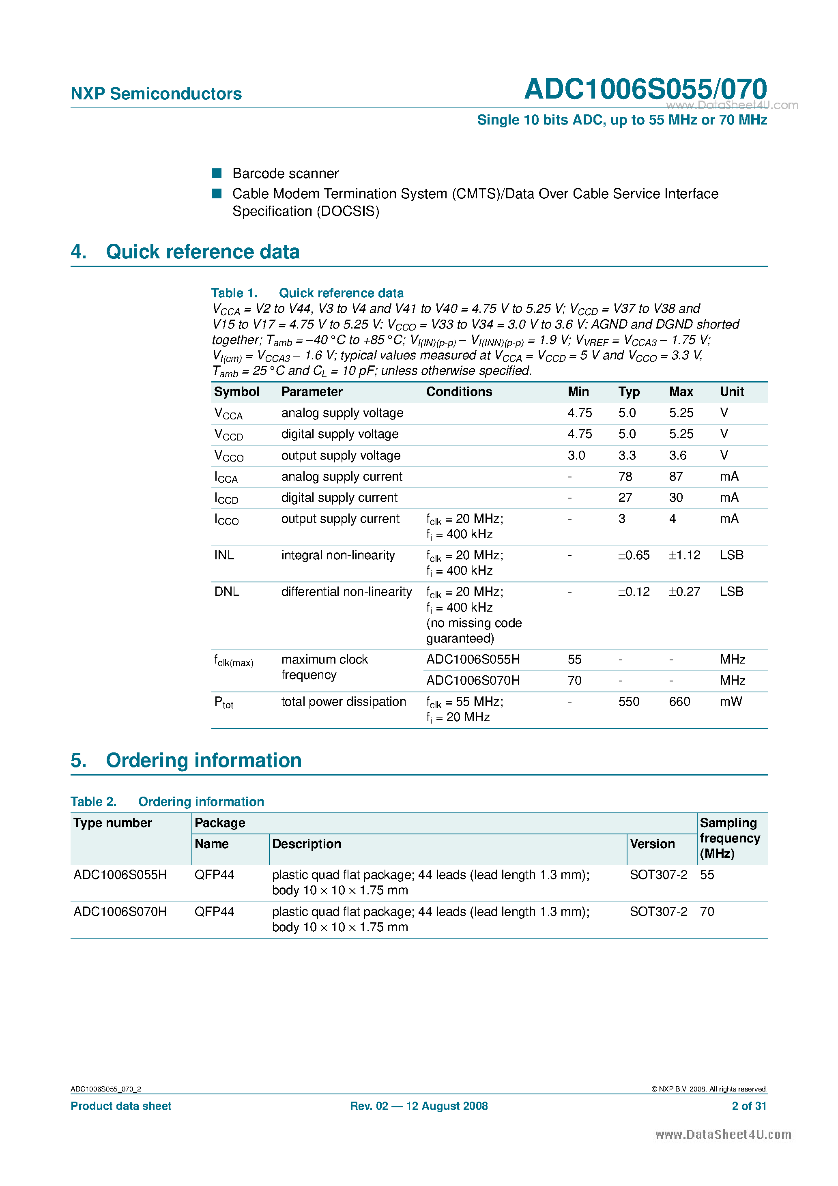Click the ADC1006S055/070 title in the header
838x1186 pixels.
click(x=645, y=89)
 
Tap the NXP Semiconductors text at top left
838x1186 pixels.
click(x=156, y=94)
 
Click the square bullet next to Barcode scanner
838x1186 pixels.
click(x=217, y=173)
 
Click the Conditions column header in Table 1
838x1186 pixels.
click(x=459, y=391)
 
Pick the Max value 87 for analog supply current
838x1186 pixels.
click(x=676, y=476)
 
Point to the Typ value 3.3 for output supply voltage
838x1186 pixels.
click(x=627, y=455)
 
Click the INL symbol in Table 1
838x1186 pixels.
click(x=224, y=555)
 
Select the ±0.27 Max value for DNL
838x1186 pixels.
click(x=684, y=591)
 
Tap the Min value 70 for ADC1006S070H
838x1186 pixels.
click(x=574, y=680)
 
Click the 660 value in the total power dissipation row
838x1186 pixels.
click(x=679, y=701)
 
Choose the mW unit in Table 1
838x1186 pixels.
click(x=731, y=701)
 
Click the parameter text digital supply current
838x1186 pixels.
click(x=339, y=497)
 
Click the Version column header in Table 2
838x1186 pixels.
click(x=652, y=844)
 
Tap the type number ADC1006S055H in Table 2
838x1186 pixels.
click(x=120, y=874)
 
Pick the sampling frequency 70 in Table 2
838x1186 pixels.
click(x=707, y=911)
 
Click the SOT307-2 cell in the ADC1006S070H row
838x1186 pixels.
click(x=658, y=911)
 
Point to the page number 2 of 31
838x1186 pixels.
click(x=749, y=1105)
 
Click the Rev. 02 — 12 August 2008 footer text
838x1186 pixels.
click(x=419, y=1105)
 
